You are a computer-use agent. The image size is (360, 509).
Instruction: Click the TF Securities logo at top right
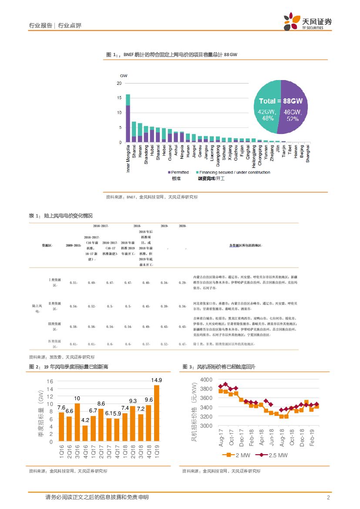307,21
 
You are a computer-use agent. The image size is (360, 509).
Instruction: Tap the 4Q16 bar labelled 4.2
85,433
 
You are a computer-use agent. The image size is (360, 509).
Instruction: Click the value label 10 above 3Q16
77,398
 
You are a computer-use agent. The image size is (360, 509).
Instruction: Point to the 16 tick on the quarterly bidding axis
50,381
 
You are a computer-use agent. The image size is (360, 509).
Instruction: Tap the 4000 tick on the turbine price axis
205,380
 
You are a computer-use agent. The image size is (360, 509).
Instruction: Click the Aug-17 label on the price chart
221,438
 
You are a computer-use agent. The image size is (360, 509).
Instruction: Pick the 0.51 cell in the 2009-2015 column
74,283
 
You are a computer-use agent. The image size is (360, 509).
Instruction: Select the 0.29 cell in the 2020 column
182,283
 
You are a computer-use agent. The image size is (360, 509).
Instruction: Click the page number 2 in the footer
328,497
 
